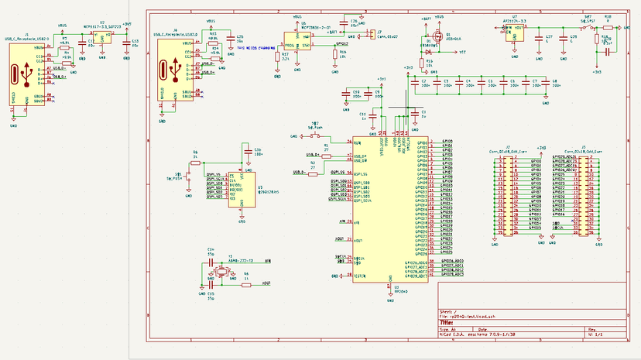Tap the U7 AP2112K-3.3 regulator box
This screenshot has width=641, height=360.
point(515,34)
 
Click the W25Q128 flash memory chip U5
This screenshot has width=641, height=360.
point(242,187)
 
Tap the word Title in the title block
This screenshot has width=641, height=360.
point(447,321)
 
